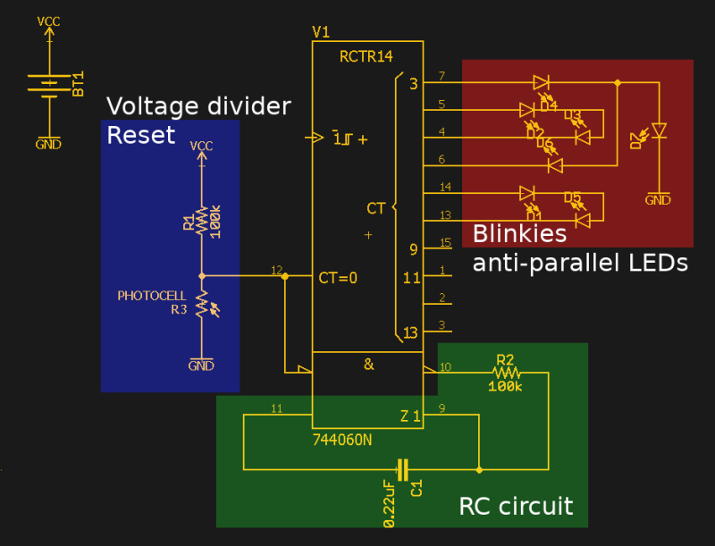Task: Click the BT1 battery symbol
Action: [49, 86]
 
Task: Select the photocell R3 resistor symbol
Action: [202, 305]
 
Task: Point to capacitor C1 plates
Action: [403, 469]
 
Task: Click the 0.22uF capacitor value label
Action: [389, 503]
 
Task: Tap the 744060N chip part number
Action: [343, 440]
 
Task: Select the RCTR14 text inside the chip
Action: [366, 57]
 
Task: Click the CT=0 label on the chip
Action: [337, 277]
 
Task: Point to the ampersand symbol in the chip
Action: [367, 364]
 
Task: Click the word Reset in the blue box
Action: [140, 136]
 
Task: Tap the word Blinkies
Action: [519, 234]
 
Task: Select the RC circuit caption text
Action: [516, 507]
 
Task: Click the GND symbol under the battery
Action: [48, 143]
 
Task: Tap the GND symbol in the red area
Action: [658, 199]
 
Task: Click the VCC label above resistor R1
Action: [202, 147]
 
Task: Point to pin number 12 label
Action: [276, 270]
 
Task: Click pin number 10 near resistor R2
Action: [445, 366]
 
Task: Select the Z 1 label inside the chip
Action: [409, 416]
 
